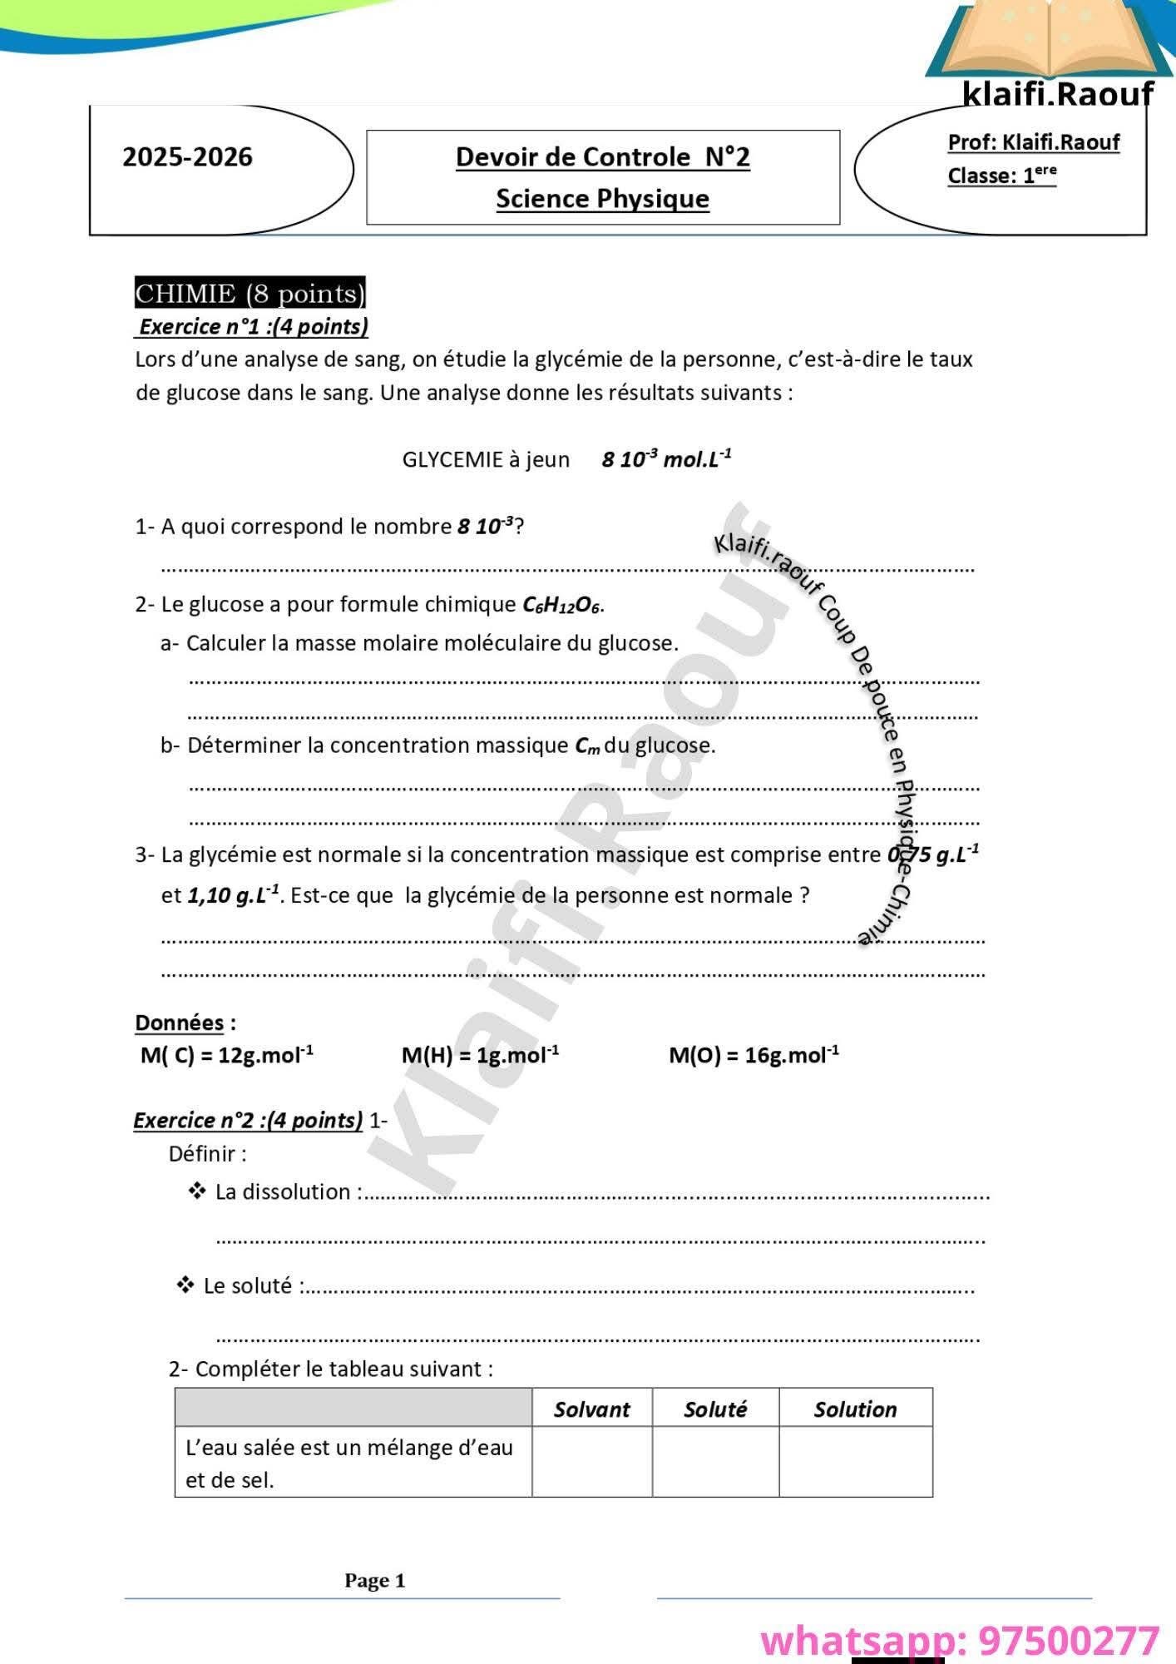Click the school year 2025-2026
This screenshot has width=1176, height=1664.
coord(187,157)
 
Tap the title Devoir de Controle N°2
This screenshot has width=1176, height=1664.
coord(602,156)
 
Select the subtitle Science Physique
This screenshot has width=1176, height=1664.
coord(602,199)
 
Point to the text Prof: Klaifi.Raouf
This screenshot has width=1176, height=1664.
coord(1033,142)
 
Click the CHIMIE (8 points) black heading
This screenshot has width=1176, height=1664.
coord(250,294)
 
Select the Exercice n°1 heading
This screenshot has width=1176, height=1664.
coord(253,326)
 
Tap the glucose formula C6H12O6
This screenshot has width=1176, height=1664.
coord(561,605)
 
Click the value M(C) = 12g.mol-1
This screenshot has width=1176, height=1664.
coord(227,1055)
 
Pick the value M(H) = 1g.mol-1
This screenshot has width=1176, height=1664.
coord(480,1055)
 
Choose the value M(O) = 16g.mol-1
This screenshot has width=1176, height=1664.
coord(754,1055)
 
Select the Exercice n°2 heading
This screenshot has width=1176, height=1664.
coord(248,1121)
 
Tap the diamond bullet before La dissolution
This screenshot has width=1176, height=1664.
coord(197,1191)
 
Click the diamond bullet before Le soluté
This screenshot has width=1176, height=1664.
coord(185,1285)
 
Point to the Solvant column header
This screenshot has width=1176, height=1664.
coord(591,1409)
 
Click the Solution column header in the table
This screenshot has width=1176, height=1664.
coord(855,1409)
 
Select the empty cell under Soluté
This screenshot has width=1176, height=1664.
coord(715,1463)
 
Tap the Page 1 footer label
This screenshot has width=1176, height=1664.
coord(375,1581)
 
